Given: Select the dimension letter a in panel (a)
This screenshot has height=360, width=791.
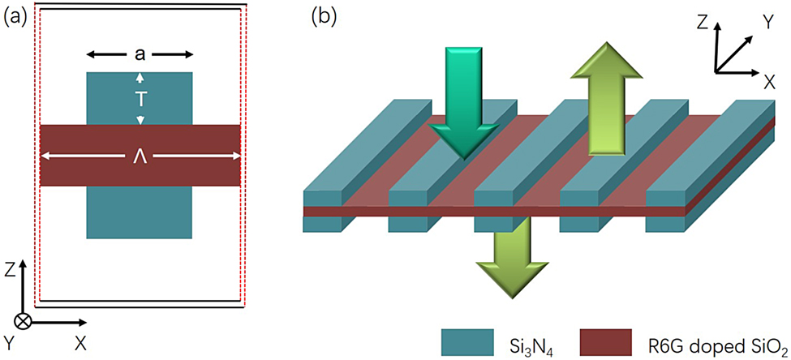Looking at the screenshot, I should coord(140,55).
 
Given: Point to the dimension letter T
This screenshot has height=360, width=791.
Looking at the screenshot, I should coord(140,98).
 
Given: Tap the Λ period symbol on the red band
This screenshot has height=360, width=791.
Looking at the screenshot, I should coord(140,156).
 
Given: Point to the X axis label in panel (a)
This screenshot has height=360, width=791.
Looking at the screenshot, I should coord(80,343).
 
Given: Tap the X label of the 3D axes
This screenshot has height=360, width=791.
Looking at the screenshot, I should coord(768,80).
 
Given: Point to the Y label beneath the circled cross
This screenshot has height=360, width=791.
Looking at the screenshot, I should coord(10,343).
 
